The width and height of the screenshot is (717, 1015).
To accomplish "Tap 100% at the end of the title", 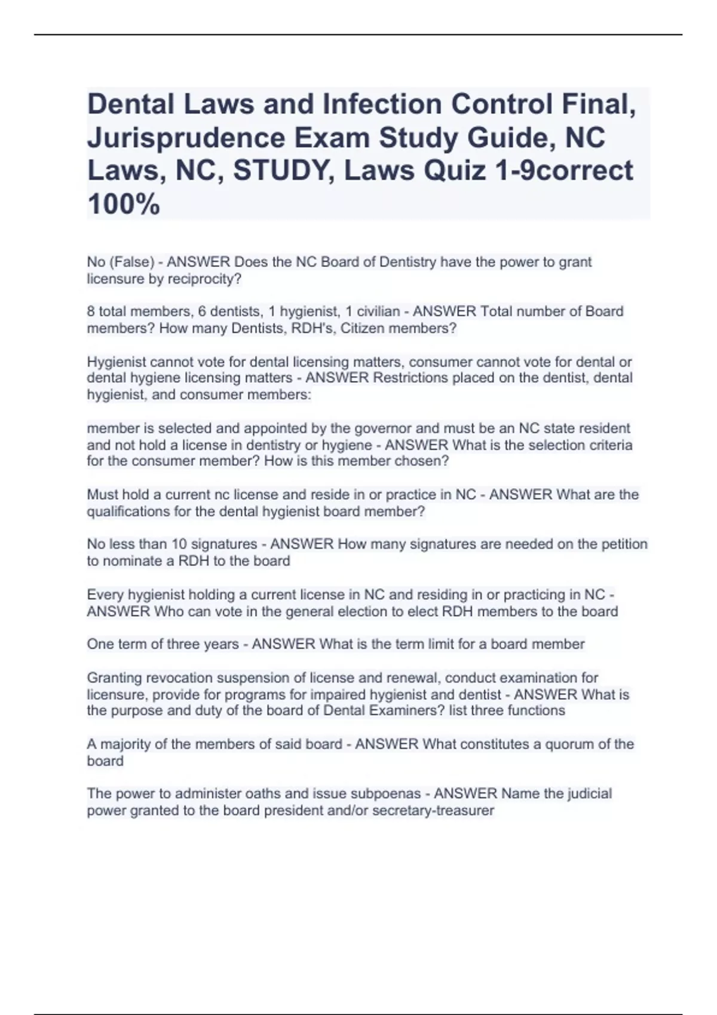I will (124, 204).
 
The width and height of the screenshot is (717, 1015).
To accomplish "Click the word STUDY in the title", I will (284, 171).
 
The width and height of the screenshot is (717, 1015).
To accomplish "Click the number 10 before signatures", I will (179, 545).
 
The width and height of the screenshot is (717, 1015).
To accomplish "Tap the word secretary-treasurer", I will (433, 811).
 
